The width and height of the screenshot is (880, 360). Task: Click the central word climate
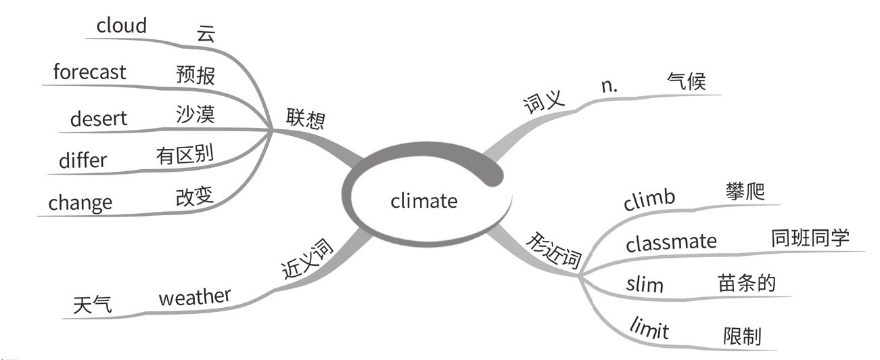click(x=424, y=201)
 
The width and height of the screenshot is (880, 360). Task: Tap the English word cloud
click(x=122, y=26)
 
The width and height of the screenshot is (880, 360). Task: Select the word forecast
click(x=89, y=72)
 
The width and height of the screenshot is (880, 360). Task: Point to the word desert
click(x=99, y=119)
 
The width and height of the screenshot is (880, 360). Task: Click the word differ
click(x=83, y=160)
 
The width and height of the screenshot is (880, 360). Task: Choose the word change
click(x=80, y=203)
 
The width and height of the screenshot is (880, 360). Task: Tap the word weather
click(x=195, y=297)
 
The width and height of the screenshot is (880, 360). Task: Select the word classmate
click(x=671, y=242)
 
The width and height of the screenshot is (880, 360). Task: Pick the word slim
click(x=645, y=285)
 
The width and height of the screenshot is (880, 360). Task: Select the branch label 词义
click(x=544, y=103)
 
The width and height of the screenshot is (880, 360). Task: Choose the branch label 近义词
click(x=308, y=261)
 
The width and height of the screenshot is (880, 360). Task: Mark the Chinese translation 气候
click(x=686, y=82)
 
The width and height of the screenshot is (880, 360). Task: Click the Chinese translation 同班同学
click(x=810, y=238)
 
